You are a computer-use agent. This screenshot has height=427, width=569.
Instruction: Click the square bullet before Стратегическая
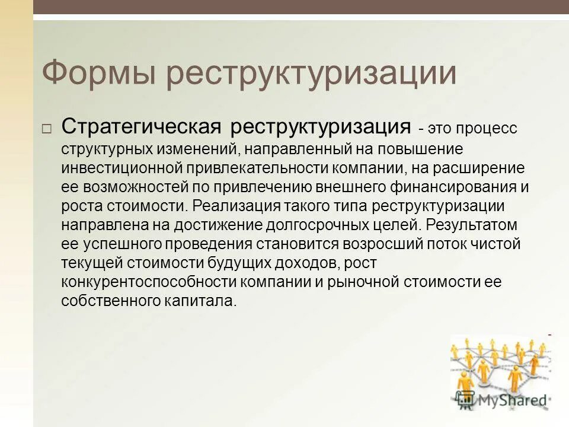pyautogui.click(x=47, y=129)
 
